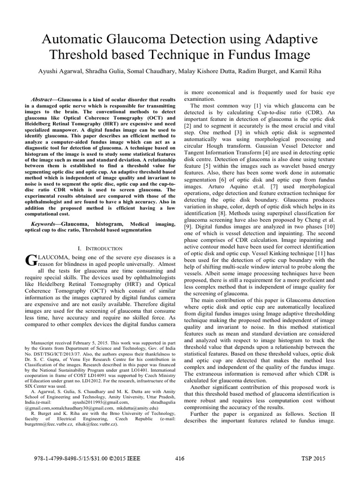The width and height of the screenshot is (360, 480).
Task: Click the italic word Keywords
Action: [x=46, y=224]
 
